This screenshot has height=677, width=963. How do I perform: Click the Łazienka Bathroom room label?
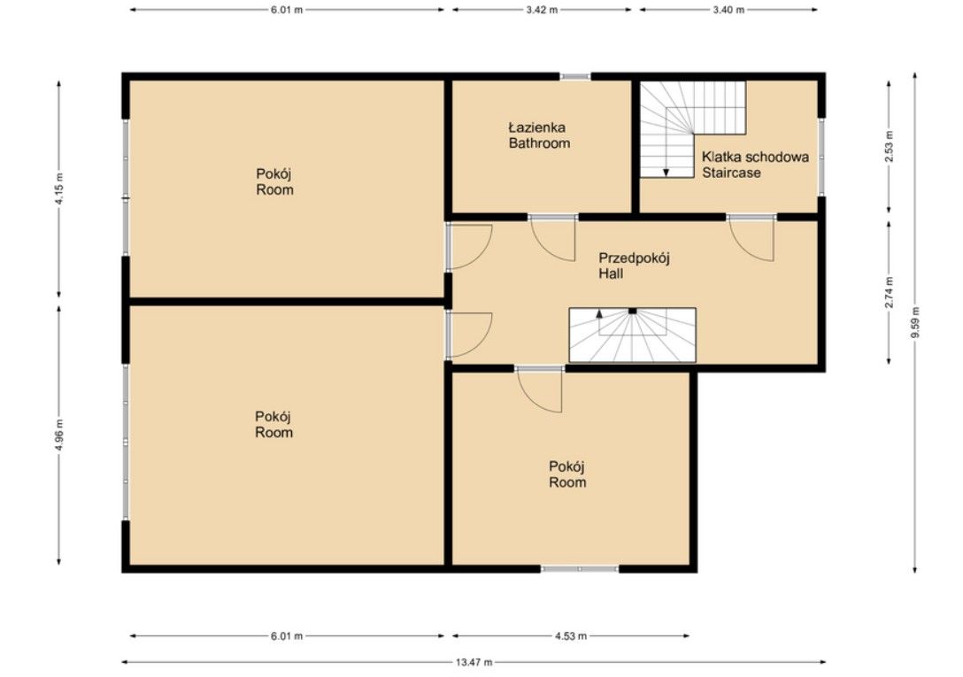pos(539,135)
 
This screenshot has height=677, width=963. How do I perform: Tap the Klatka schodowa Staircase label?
pos(755,165)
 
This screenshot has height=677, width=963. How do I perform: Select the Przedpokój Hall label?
pos(634,265)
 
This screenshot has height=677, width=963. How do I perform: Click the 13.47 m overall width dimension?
pos(474,662)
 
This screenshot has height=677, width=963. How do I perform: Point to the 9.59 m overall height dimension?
pos(915,322)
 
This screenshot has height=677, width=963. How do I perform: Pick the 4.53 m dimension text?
pos(571,635)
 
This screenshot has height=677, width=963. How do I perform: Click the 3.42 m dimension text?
pos(542,10)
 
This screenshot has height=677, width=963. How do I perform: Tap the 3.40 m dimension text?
pos(728,10)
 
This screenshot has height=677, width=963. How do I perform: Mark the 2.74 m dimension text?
pos(889,292)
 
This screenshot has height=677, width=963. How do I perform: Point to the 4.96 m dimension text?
pos(59,435)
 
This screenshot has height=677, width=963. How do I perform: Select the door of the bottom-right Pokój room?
pos(539,389)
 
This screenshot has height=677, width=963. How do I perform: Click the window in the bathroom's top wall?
pos(574,77)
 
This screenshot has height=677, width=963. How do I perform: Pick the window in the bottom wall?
pos(580,569)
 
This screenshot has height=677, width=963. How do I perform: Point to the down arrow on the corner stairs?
pos(666,172)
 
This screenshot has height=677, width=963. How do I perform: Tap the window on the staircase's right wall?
pos(821,156)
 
